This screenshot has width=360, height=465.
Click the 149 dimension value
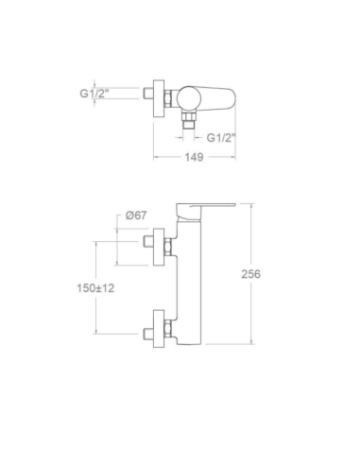pyautogui.click(x=194, y=157)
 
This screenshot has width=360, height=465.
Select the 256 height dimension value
pyautogui.click(x=250, y=274)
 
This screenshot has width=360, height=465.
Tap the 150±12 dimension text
pyautogui.click(x=95, y=287)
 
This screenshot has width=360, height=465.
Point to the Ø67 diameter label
pyautogui.click(x=136, y=215)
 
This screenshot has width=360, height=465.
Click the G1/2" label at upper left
pyautogui.click(x=94, y=94)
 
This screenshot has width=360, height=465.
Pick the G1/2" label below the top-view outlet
pyautogui.click(x=221, y=137)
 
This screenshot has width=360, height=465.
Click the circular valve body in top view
pyautogui.click(x=187, y=98)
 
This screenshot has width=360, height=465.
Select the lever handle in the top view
pyautogui.click(x=217, y=98)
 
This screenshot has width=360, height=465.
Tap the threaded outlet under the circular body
pyautogui.click(x=188, y=120)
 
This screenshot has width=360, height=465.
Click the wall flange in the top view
pyautogui.click(x=159, y=98)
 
